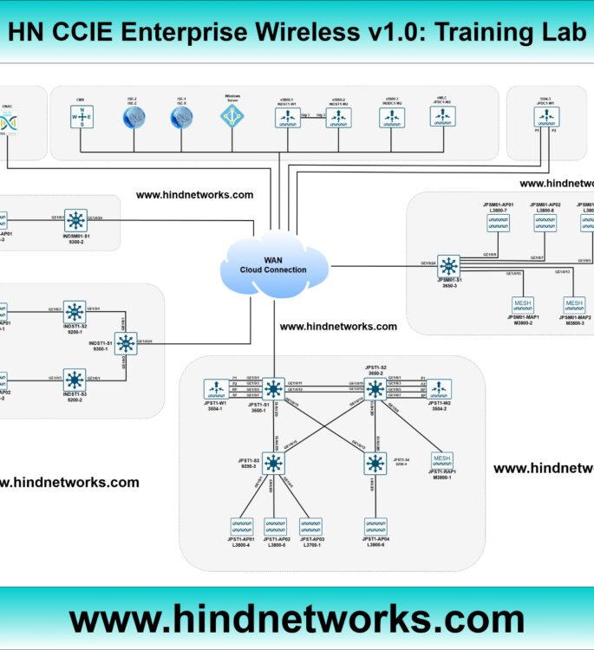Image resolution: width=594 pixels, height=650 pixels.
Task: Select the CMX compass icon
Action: point(83,117)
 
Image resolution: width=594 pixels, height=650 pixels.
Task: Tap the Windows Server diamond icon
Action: point(232,117)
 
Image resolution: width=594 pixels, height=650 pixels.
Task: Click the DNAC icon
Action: point(7,124)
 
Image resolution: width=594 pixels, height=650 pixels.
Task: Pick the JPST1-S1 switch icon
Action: point(274,389)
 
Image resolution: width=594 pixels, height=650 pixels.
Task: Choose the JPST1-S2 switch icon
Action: point(375,387)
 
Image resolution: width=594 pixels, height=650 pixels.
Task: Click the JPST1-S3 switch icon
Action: point(274,463)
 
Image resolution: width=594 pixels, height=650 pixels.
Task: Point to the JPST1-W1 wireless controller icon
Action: point(215,389)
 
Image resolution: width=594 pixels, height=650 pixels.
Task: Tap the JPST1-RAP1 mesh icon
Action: point(442,460)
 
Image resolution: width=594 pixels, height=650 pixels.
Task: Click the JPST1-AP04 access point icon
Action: point(375,527)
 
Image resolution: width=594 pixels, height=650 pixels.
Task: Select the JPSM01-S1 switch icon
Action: point(448,265)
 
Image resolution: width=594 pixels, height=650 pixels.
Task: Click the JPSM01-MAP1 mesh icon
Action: point(522,305)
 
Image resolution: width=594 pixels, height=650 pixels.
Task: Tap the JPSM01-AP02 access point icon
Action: point(545,224)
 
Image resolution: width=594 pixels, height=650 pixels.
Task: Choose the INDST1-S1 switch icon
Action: point(126,343)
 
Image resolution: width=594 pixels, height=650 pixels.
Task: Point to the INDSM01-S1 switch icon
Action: point(76,220)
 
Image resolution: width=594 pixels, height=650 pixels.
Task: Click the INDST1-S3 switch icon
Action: point(75,379)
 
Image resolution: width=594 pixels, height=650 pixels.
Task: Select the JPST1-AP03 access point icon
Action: point(310,527)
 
